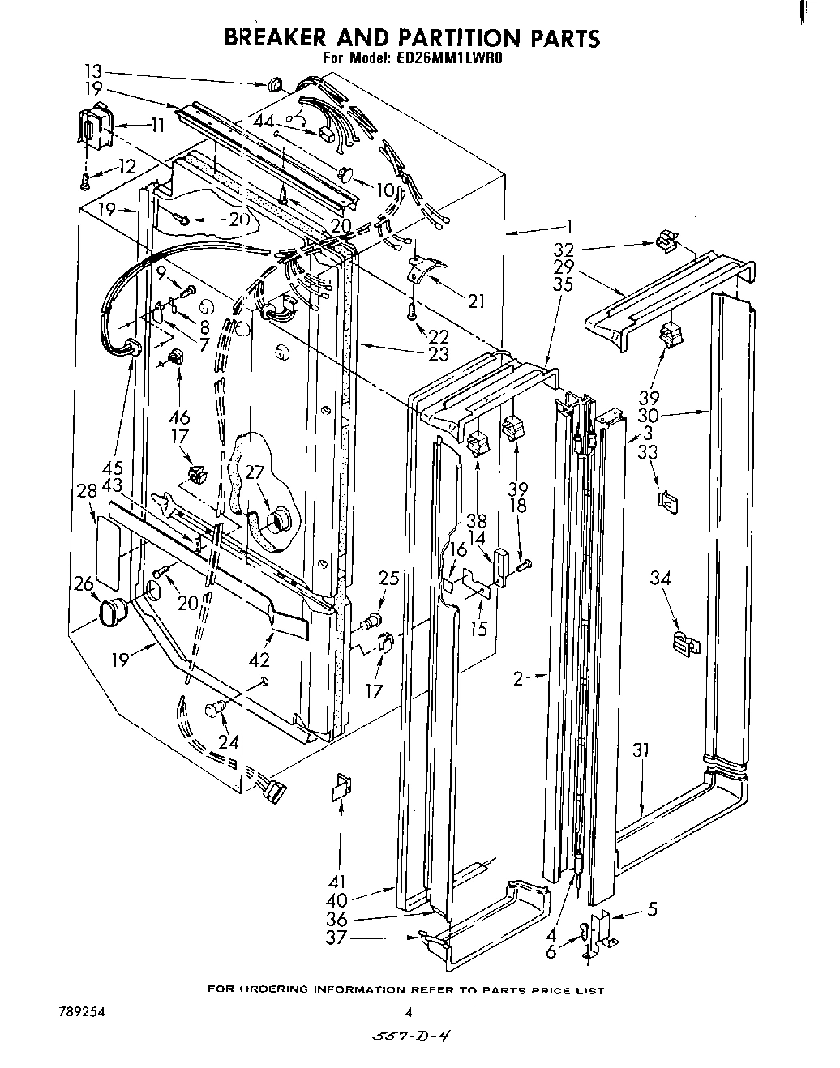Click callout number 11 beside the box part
tap(157, 125)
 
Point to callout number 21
tap(476, 301)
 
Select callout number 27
tap(255, 474)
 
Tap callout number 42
tap(259, 660)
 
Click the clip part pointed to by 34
tap(686, 643)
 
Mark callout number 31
tap(641, 750)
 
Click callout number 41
tap(337, 882)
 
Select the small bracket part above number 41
tap(341, 786)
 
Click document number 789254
tap(82, 1012)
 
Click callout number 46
tap(179, 417)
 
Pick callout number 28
tap(88, 490)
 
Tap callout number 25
tap(389, 579)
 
